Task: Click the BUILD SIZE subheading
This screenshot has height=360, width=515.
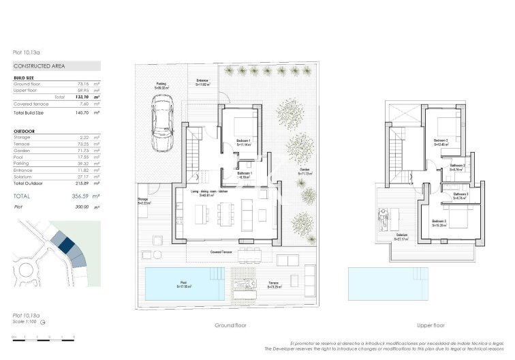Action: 25,78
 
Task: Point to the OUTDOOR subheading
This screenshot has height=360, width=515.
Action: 24,131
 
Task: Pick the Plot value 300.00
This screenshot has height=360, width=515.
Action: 81,207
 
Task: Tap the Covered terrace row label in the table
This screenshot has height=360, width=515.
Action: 30,104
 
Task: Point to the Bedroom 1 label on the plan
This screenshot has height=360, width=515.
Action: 244,141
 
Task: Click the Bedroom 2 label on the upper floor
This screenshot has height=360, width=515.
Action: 443,141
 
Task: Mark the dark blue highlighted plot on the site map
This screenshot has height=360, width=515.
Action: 66,243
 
